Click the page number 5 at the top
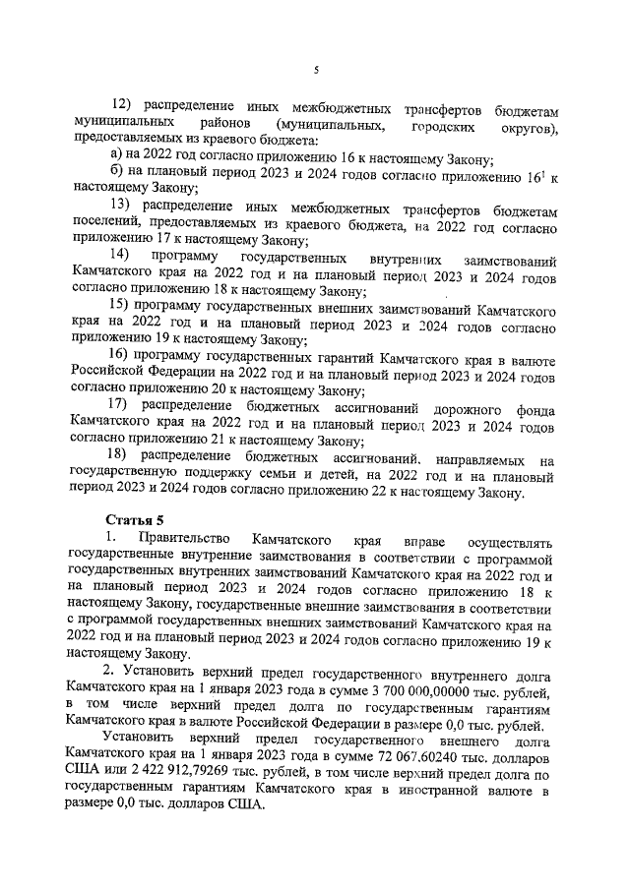pyautogui.click(x=315, y=69)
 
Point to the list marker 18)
pyautogui.click(x=120, y=457)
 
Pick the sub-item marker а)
pyautogui.click(x=116, y=160)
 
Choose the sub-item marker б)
pyautogui.click(x=116, y=178)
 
